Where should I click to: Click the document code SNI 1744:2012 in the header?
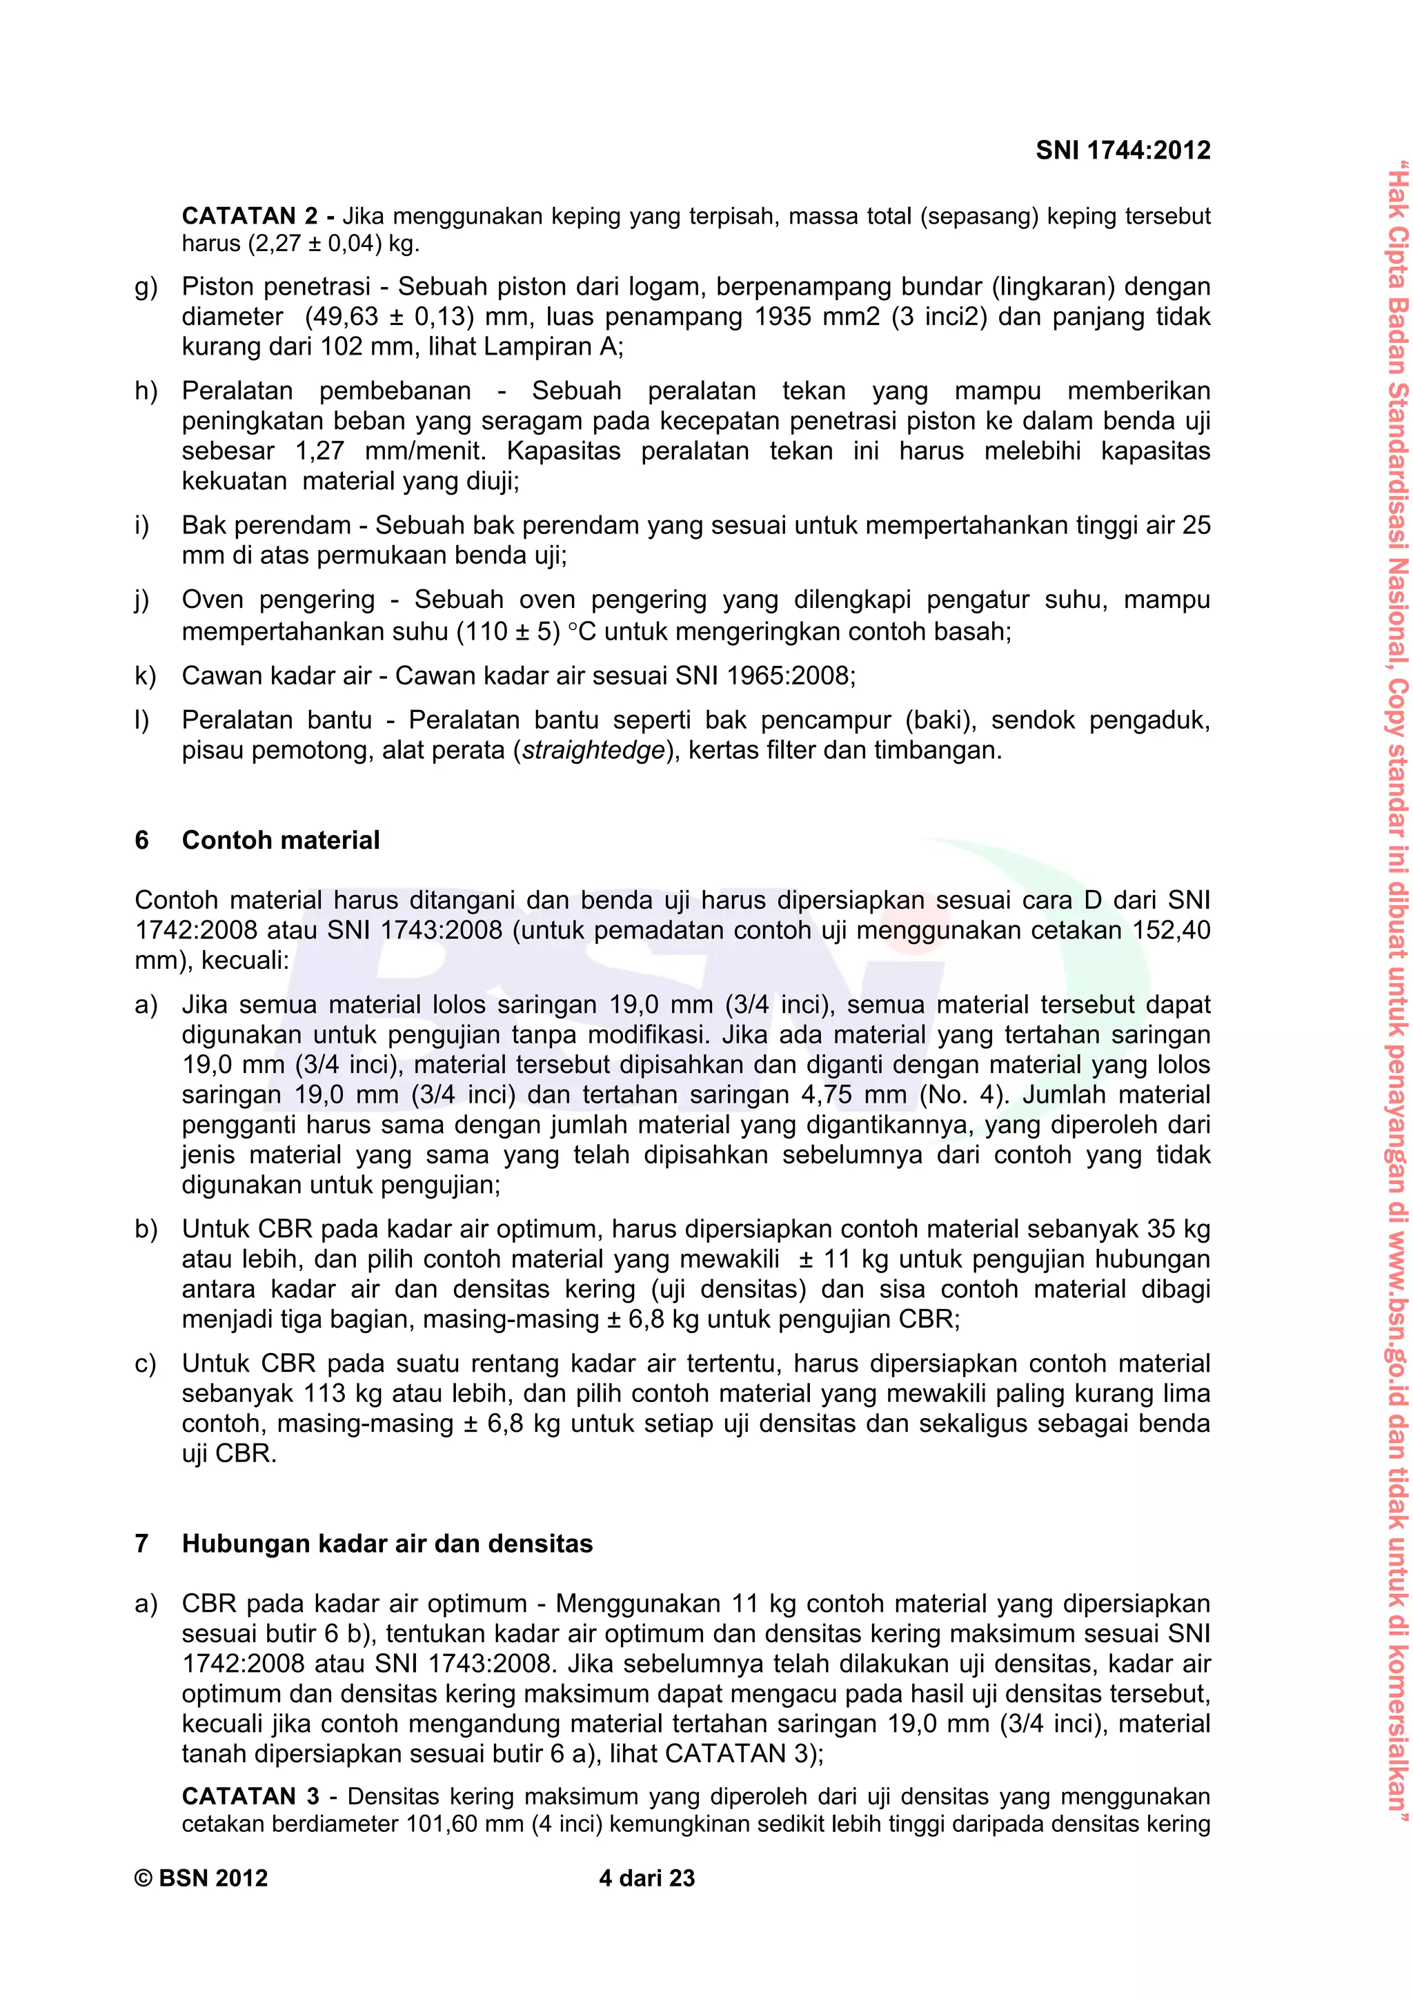(x=1123, y=150)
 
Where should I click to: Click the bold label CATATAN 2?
(x=250, y=216)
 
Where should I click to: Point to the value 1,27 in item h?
(x=319, y=451)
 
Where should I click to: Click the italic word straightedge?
(x=594, y=751)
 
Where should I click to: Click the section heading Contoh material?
(x=280, y=840)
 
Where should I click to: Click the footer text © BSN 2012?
(x=201, y=1879)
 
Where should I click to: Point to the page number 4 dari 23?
(x=647, y=1879)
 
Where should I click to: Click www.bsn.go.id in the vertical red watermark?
(x=1396, y=1341)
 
